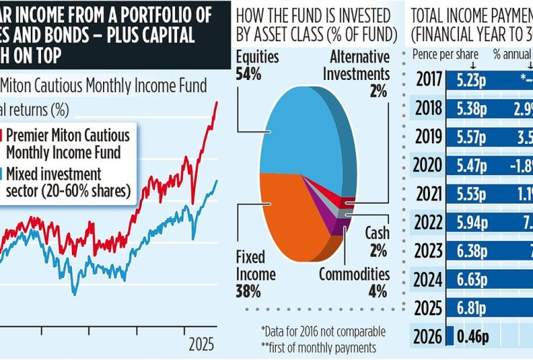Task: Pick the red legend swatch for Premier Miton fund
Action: point(3,142)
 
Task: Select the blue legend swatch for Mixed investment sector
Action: point(3,181)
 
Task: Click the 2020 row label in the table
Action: point(429,166)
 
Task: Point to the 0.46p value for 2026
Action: point(473,336)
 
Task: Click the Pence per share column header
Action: point(439,54)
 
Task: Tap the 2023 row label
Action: point(429,251)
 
